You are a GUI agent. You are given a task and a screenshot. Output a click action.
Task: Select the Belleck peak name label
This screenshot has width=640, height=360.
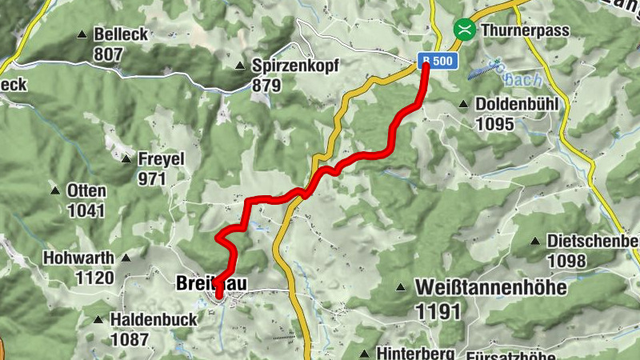121,35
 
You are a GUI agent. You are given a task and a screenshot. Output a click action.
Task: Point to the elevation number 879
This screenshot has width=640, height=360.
266,84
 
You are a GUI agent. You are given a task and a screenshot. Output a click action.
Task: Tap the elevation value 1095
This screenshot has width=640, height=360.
494,124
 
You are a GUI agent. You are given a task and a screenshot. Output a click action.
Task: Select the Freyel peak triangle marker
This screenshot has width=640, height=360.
126,159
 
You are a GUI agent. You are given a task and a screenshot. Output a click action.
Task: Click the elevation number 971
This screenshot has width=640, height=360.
151,178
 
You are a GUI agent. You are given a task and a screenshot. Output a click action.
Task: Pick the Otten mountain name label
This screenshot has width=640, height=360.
86,191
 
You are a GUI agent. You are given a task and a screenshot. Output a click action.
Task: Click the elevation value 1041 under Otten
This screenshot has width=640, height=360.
86,210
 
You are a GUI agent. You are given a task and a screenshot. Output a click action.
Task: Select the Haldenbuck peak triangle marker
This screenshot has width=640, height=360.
98,319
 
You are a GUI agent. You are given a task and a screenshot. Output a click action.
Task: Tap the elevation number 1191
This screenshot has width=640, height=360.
438,310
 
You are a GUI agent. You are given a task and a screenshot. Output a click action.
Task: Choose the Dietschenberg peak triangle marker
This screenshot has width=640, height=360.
535,241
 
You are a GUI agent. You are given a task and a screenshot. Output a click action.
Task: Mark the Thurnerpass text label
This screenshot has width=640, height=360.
524,30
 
